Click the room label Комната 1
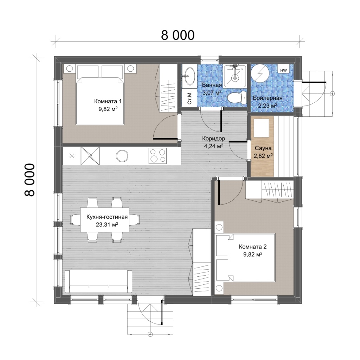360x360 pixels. tap(108, 101)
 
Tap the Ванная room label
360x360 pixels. tap(212, 85)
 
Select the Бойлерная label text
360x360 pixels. tap(268, 98)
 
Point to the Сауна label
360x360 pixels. tap(263, 148)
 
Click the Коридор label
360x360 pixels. tap(213, 139)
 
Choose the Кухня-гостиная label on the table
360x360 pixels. tap(107, 217)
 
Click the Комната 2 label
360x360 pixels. tap(252, 247)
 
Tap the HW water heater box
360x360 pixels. tap(284, 70)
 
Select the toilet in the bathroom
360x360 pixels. tap(237, 98)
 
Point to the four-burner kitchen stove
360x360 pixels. tap(157, 156)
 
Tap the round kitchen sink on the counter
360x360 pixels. tap(122, 156)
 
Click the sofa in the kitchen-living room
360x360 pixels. tap(98, 281)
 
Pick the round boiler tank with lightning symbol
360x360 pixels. tap(260, 73)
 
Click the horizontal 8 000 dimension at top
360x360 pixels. tap(178, 36)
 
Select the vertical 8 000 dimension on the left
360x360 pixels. tap(30, 180)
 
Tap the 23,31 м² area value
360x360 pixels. tap(107, 225)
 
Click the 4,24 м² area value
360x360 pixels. tap(213, 146)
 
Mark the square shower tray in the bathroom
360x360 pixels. tap(235, 76)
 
